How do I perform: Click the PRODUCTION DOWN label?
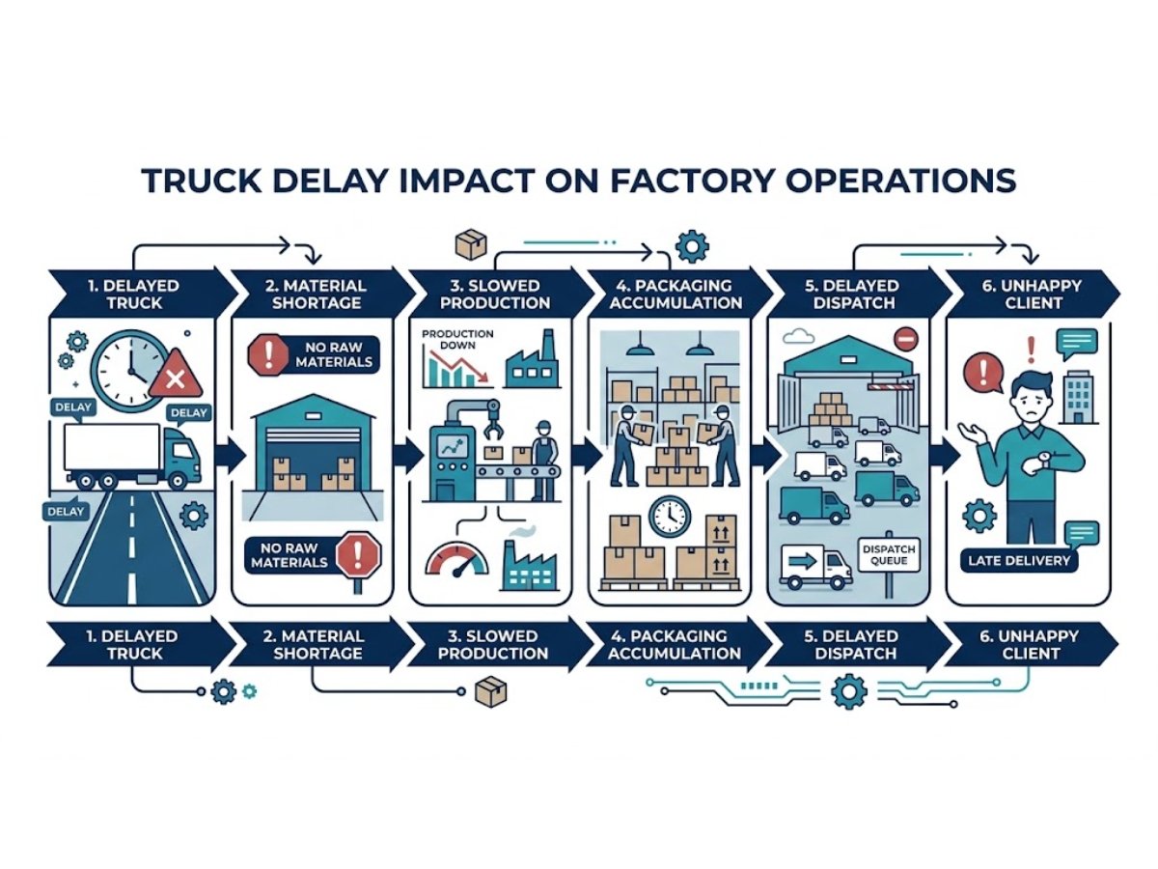tap(457, 339)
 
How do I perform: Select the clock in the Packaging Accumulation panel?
tap(670, 517)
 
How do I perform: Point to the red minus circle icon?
tap(905, 339)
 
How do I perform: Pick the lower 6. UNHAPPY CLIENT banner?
tap(1027, 644)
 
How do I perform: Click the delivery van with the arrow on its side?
tap(813, 566)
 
